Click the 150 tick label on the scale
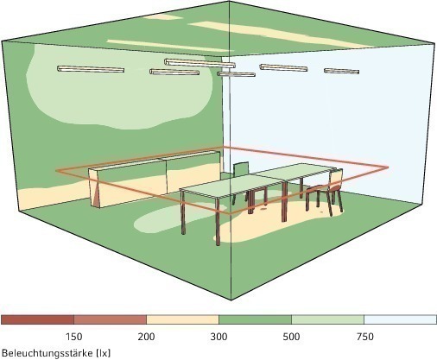(x=74, y=337)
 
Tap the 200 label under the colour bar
(x=146, y=337)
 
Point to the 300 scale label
(x=218, y=337)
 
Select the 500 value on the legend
(x=291, y=337)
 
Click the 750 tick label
(x=364, y=337)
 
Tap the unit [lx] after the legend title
(x=104, y=353)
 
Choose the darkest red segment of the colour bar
(x=37, y=319)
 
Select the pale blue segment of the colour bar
(x=400, y=319)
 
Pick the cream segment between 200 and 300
(x=182, y=319)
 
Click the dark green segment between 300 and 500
(x=255, y=319)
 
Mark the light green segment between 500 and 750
(x=327, y=319)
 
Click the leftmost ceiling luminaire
(x=91, y=69)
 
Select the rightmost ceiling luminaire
(x=341, y=71)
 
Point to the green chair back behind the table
(x=241, y=169)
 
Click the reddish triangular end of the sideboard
(x=96, y=193)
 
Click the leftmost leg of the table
(x=183, y=212)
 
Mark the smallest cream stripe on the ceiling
(x=162, y=16)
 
